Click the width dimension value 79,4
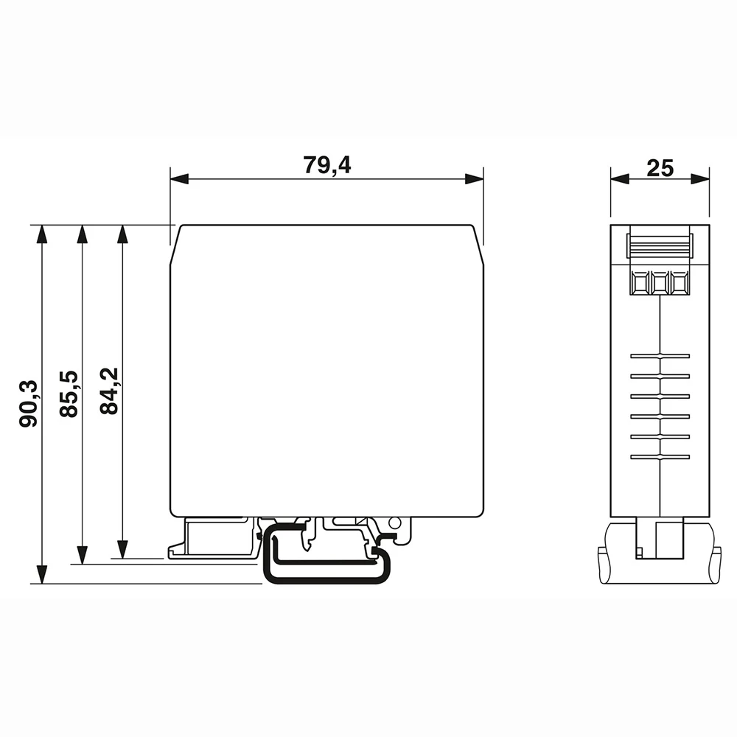(x=326, y=166)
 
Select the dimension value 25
(x=660, y=168)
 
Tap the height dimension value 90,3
(x=29, y=404)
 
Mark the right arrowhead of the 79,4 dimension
(x=475, y=179)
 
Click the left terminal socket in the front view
(x=639, y=282)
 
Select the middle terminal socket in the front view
(x=660, y=282)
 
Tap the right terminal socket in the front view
(x=680, y=282)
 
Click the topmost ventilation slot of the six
(x=660, y=356)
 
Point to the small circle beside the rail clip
(x=394, y=524)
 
